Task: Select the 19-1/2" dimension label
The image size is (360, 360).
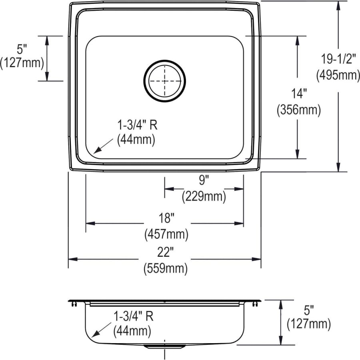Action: click(x=338, y=59)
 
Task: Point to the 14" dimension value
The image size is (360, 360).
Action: click(x=299, y=94)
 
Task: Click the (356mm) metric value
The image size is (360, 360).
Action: click(x=299, y=110)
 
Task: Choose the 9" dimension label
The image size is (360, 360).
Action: click(x=204, y=180)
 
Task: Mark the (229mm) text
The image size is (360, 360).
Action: click(x=204, y=196)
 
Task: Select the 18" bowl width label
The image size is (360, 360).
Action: click(x=165, y=218)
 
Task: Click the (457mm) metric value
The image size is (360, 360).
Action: click(x=166, y=234)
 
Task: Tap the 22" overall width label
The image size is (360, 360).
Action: click(x=165, y=252)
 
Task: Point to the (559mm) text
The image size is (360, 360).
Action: click(x=165, y=269)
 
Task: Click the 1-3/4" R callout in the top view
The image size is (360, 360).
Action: click(x=137, y=125)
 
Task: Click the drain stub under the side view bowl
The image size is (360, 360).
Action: click(x=165, y=346)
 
